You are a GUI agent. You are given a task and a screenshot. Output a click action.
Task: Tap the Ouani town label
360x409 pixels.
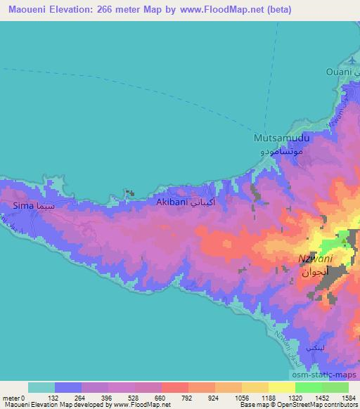point(339,72)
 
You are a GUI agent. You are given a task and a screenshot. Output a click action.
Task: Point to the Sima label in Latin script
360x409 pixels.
point(23,206)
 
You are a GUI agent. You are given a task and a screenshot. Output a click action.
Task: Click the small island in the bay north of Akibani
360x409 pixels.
point(129,192)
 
